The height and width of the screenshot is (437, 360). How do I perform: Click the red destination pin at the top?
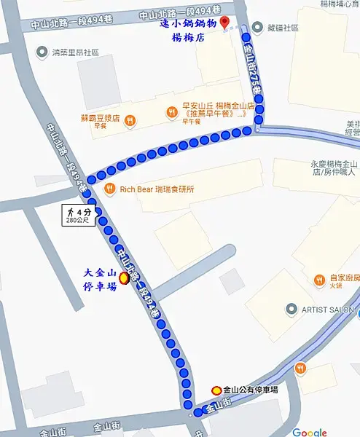pyautogui.click(x=224, y=23)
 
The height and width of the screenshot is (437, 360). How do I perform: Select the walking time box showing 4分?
pyautogui.click(x=78, y=216)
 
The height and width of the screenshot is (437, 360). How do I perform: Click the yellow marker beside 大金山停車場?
pyautogui.click(x=124, y=277)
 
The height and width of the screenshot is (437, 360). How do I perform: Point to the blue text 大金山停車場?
pyautogui.click(x=100, y=280)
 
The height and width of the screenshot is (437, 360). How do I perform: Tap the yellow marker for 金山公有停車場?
pyautogui.click(x=216, y=390)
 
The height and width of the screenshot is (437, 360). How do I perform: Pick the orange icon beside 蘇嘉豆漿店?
pyautogui.click(x=129, y=119)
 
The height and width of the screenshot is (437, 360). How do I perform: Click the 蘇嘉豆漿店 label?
pyautogui.click(x=102, y=118)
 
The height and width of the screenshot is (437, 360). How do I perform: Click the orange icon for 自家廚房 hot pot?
pyautogui.click(x=319, y=280)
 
